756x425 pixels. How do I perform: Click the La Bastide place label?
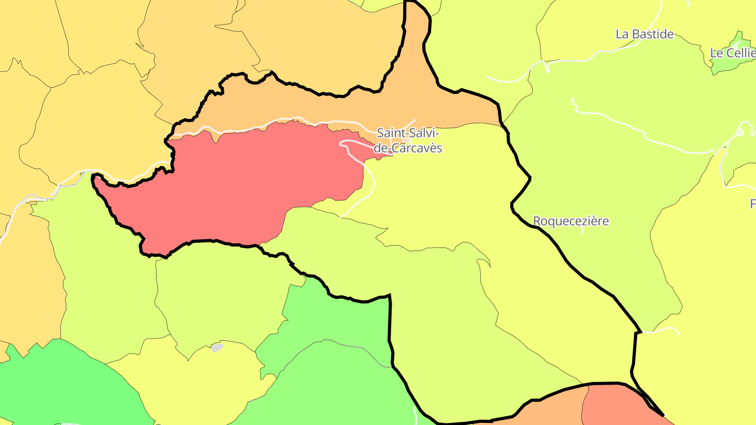[645, 34]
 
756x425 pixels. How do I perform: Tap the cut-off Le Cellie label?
[733, 53]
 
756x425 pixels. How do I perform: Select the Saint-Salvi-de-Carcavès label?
[409, 141]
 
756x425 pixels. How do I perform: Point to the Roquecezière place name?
[571, 221]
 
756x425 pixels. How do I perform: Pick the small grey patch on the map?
[217, 347]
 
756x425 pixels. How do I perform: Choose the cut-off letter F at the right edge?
[753, 204]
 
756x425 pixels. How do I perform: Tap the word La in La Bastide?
[622, 34]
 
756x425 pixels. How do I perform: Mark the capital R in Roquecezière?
[537, 221]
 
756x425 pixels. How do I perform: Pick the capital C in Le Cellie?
[729, 53]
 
